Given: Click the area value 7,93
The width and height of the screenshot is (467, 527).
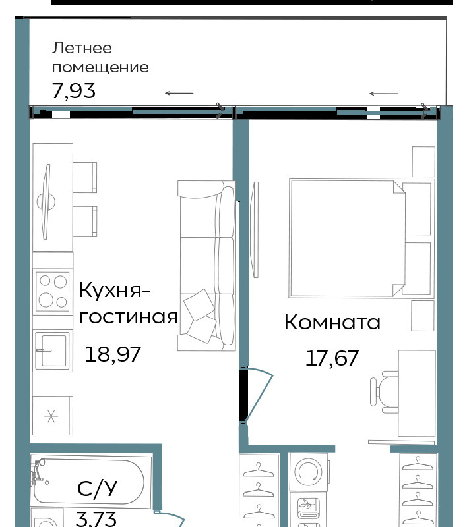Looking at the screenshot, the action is point(74,91).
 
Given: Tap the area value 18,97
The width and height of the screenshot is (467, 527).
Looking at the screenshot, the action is point(113,354).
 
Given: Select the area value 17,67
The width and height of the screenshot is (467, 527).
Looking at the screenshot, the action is point(332,358).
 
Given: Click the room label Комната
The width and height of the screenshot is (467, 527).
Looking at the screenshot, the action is point(332,322).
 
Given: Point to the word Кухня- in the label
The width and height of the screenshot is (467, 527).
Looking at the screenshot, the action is point(114,290).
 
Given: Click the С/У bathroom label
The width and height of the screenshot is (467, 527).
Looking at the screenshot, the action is point(97,488).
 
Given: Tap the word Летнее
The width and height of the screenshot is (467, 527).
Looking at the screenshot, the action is point(82,47).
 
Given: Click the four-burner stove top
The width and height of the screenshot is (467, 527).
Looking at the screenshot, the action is point(53,291).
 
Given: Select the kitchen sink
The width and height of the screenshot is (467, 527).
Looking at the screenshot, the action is point(53,350).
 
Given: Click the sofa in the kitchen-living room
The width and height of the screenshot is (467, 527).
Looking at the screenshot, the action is point(206,266).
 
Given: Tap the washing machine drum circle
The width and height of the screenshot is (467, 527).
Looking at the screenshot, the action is point(308,471).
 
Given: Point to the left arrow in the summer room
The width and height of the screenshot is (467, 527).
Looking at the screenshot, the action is point(179,93).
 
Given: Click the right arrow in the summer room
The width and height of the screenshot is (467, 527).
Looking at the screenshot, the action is point(383,94).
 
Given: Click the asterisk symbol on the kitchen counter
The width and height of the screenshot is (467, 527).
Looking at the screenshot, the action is point(51,417).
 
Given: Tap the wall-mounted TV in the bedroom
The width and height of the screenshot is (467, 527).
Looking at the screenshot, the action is point(255,230).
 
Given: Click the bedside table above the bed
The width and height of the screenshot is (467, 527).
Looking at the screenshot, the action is point(423,161).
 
